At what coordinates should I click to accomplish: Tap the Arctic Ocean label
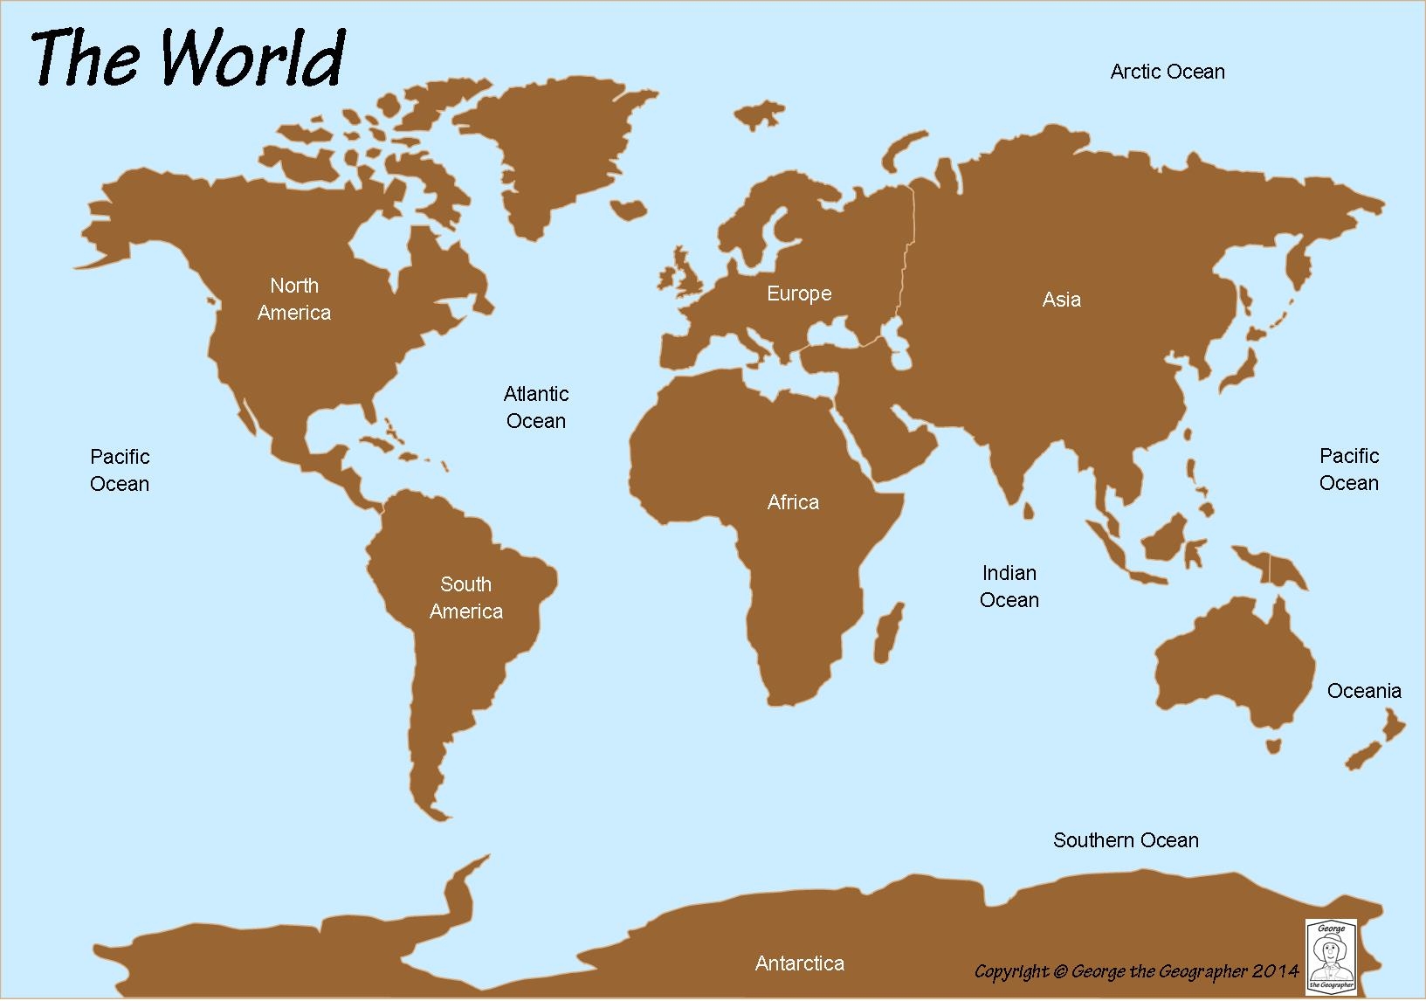pos(1167,72)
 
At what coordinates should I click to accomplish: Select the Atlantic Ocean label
pos(536,407)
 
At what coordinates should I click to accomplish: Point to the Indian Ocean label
pos(1009,586)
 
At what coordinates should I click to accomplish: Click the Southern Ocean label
pos(1125,840)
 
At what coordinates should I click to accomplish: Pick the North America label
pos(294,299)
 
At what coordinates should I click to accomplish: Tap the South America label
pos(465,597)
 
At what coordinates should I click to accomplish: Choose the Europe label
pos(799,293)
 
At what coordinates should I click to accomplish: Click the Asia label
pos(1061,300)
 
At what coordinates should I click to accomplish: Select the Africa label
pos(793,502)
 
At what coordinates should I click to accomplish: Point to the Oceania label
pos(1363,691)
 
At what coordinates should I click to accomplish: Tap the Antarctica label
pos(799,963)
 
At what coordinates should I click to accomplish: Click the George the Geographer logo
pos(1326,956)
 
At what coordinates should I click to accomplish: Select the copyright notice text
pos(1136,971)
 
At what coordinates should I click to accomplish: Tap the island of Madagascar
pos(889,631)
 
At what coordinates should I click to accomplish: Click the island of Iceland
pos(628,209)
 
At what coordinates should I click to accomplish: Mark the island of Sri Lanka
pos(1029,508)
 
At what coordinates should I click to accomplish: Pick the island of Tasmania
pos(1275,744)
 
